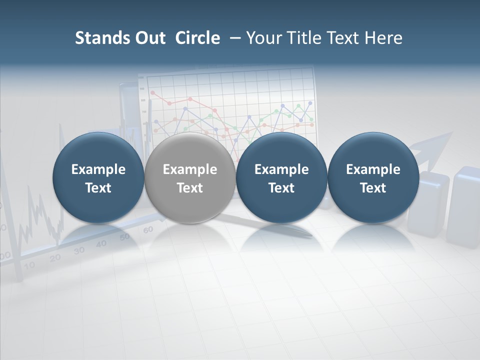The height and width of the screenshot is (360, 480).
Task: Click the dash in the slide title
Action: pos(233,38)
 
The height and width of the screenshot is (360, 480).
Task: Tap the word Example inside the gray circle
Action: pos(190,169)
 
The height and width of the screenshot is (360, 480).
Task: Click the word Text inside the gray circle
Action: pos(190,188)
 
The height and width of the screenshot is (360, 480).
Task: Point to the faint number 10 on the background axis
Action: pos(29,265)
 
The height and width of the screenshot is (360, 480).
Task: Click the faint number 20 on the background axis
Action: pos(55,257)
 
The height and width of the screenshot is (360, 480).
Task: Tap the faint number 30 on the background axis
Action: pos(79,250)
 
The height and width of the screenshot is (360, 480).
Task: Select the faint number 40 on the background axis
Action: pos(101,243)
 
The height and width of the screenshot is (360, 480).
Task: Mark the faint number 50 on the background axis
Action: pos(125,236)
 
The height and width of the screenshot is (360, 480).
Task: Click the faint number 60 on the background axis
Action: pos(148,230)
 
